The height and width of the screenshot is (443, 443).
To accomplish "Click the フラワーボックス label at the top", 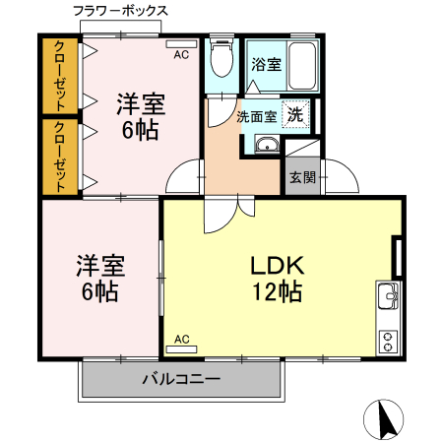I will pyautogui.click(x=120, y=11).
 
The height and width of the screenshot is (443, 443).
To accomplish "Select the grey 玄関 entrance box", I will pyautogui.click(x=300, y=177).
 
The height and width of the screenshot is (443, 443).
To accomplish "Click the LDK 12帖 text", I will pyautogui.click(x=275, y=277).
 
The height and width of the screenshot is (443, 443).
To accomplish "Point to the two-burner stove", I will pyautogui.click(x=387, y=339).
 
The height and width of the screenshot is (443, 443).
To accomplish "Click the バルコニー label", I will pyautogui.click(x=180, y=378).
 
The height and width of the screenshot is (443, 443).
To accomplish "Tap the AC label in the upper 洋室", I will pyautogui.click(x=181, y=55).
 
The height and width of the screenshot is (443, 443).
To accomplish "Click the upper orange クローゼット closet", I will pyautogui.click(x=61, y=76).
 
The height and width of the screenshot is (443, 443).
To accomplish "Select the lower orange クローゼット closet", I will pyautogui.click(x=61, y=156).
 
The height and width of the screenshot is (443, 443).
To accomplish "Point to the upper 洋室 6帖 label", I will pyautogui.click(x=141, y=114).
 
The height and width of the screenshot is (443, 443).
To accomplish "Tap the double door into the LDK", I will pyautogui.click(x=222, y=209).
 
